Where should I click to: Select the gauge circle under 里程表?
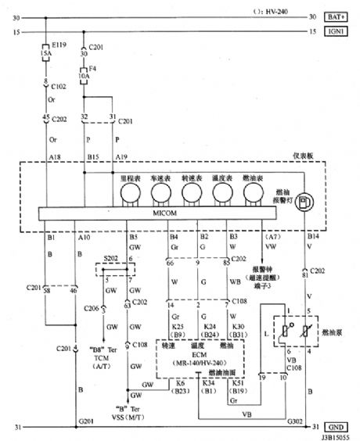pos(127,194)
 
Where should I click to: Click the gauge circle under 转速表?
pos(191,194)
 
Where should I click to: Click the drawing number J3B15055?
pos(333,436)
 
